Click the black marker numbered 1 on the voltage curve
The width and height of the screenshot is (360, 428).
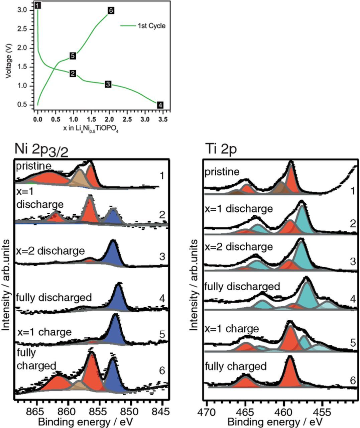38,5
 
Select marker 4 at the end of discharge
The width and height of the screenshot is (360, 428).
160,105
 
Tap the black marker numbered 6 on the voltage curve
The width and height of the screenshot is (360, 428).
111,11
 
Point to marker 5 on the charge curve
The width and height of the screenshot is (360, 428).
73,56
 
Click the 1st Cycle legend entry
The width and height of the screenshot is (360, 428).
151,26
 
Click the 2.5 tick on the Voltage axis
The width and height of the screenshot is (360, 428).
22,29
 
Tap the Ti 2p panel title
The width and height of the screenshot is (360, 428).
221,149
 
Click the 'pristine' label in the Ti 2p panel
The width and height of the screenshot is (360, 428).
222,172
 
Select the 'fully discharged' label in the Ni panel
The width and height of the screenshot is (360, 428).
54,297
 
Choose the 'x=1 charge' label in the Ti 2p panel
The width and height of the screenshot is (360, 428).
232,329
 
